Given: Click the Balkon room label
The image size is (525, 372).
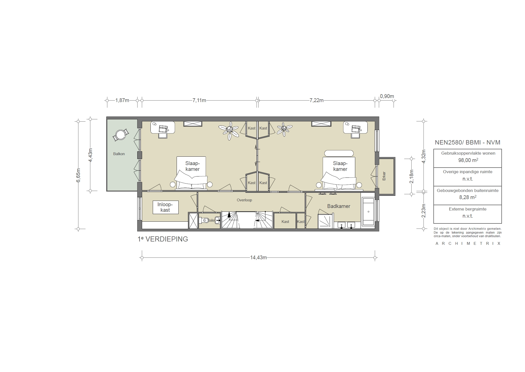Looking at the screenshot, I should [119, 154].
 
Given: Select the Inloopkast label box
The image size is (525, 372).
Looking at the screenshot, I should [165, 207].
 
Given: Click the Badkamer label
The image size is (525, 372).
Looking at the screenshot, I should [338, 206].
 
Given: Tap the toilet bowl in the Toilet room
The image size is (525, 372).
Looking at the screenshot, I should [205, 221].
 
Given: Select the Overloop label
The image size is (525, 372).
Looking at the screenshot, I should [244, 200].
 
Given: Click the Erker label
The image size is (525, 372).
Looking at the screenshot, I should [384, 176].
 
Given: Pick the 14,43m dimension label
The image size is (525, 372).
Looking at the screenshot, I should [258, 257].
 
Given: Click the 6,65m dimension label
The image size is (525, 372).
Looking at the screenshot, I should [78, 175].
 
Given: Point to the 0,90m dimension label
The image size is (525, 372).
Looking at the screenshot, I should [387, 96].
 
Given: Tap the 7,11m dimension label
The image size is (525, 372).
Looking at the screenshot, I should [199, 100].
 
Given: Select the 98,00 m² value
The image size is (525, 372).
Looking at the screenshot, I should [467, 160].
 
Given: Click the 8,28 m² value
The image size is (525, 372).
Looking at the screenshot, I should [467, 197].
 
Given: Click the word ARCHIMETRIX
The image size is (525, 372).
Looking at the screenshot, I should [468, 244].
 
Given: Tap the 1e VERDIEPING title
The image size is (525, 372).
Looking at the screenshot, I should [163, 239].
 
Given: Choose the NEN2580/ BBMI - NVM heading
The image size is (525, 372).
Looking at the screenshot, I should [467, 142].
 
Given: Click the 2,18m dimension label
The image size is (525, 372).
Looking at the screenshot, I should [412, 176].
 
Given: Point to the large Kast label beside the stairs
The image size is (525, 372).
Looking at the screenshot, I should [285, 222].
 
